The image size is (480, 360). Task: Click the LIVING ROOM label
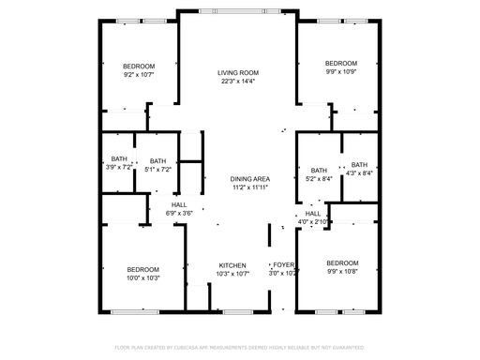click(238, 72)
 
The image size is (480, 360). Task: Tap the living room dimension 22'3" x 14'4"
click(238, 82)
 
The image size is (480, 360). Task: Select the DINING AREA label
click(250, 178)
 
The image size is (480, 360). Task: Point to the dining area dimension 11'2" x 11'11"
click(250, 187)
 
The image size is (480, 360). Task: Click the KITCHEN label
click(232, 264)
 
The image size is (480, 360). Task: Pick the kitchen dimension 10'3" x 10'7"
click(232, 274)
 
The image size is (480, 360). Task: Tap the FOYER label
click(283, 264)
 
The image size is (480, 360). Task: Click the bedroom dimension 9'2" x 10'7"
click(139, 75)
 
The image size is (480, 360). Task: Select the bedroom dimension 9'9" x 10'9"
click(341, 72)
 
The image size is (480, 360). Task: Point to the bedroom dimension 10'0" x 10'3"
click(143, 278)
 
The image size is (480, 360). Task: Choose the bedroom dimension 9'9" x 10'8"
click(342, 272)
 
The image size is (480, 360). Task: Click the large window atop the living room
click(238, 11)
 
